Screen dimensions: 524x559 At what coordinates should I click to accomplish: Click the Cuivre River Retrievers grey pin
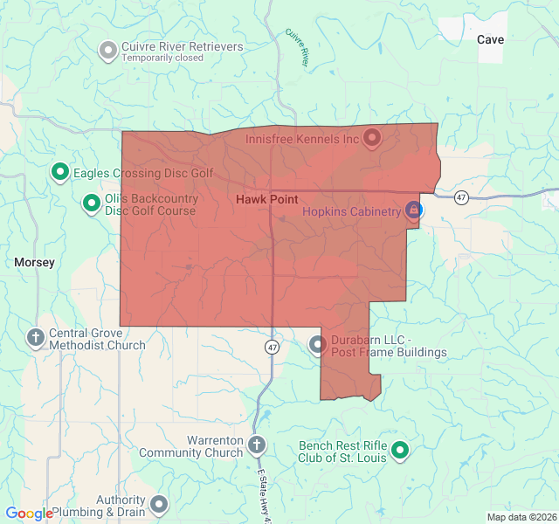click(x=108, y=51)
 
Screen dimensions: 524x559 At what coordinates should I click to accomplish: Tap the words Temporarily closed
click(x=162, y=59)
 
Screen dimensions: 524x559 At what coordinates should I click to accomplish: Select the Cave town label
click(x=490, y=39)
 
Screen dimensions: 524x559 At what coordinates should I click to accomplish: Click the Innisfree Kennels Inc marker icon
click(x=371, y=138)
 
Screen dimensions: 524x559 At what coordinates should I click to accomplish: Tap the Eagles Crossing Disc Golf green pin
click(x=59, y=172)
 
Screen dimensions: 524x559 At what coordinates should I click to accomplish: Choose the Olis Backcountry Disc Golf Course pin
click(x=91, y=203)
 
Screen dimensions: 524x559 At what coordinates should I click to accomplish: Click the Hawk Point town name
click(x=266, y=200)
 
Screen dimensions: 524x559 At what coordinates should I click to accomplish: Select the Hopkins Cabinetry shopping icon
click(x=414, y=210)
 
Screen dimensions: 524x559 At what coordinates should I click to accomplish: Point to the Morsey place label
click(x=35, y=262)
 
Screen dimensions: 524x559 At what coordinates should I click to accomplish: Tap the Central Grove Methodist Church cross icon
click(x=36, y=337)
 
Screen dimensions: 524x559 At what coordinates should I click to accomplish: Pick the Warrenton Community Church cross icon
click(x=257, y=445)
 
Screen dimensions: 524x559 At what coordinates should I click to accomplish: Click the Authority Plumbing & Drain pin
click(x=159, y=504)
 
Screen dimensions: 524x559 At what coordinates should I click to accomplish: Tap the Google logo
click(x=29, y=514)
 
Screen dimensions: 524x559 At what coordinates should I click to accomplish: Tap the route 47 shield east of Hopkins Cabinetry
click(x=461, y=198)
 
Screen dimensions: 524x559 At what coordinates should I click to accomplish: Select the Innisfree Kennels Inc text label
click(x=302, y=139)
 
